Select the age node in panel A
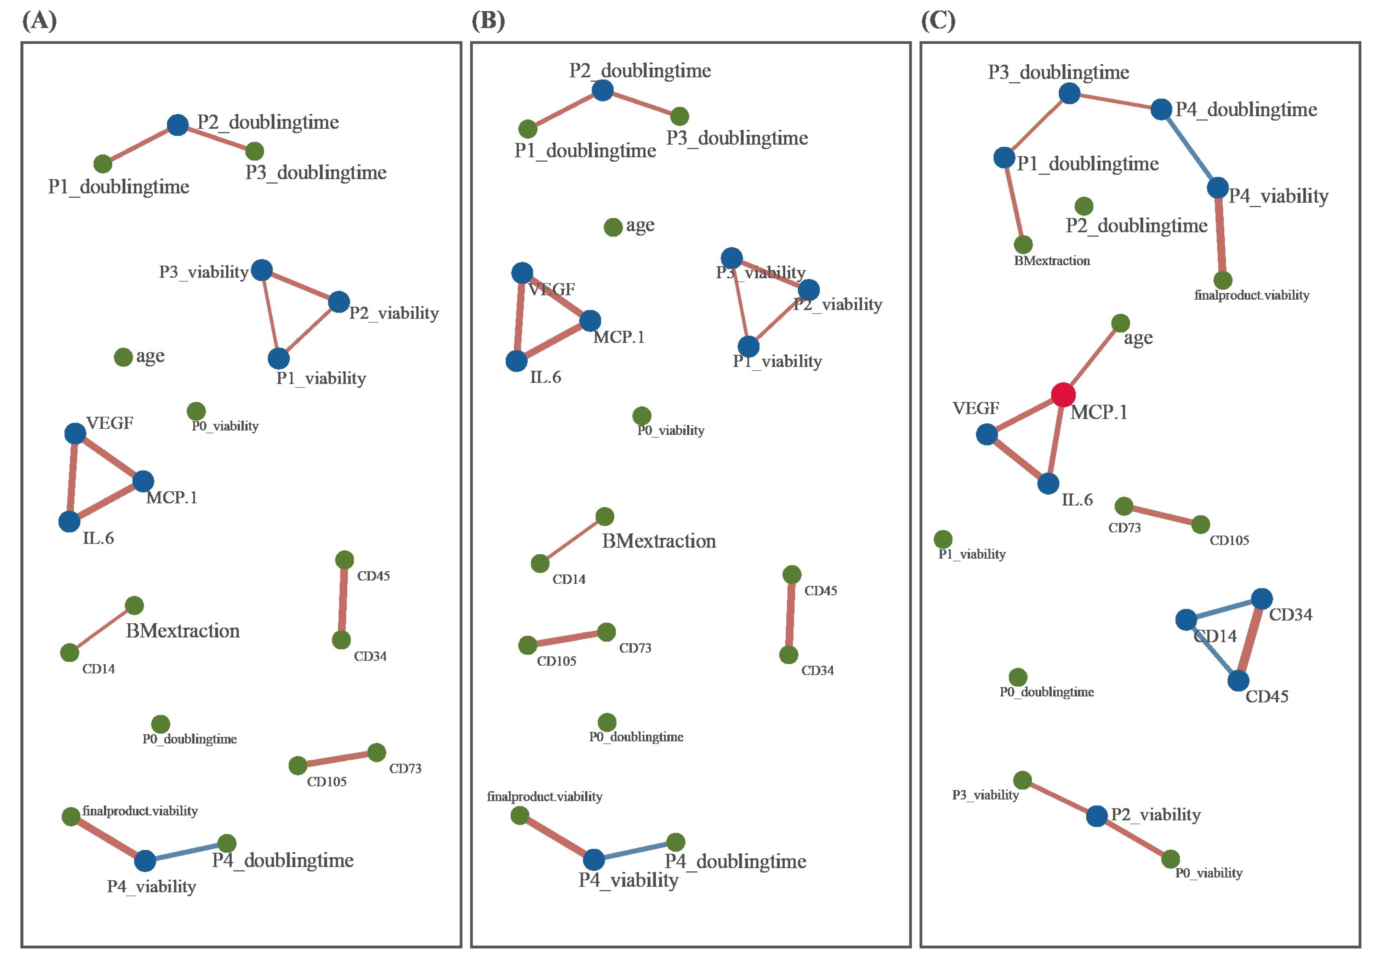pos(123,358)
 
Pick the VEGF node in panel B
pos(522,273)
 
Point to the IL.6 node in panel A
pos(69,522)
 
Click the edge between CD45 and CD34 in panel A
pos(342,600)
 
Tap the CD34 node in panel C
pos(1262,599)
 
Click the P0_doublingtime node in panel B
pos(607,722)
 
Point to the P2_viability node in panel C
pos(1096,816)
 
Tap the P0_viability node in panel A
pos(196,411)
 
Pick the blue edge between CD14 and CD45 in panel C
pos(1212,650)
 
